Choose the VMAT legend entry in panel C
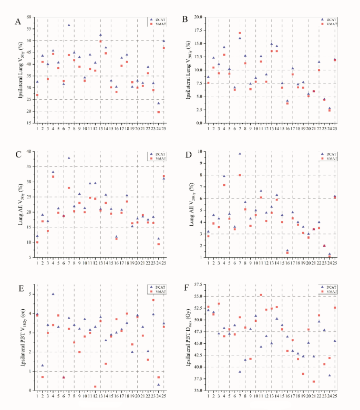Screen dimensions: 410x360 [x=158, y=157]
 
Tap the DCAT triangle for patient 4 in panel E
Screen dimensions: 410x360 [x=53, y=294]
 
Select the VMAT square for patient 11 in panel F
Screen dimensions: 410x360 [x=261, y=295]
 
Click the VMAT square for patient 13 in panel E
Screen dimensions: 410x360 [x=95, y=386]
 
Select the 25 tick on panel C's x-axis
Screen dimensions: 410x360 [x=164, y=262]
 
